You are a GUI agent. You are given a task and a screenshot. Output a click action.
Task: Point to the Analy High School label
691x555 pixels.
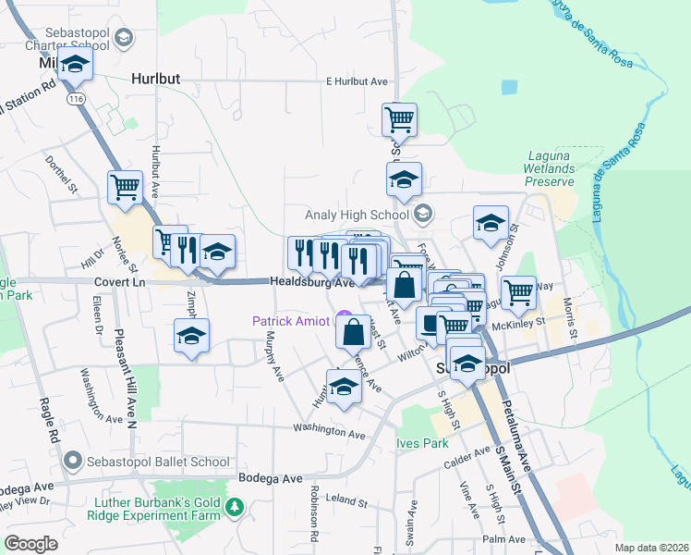pyautogui.click(x=364, y=216)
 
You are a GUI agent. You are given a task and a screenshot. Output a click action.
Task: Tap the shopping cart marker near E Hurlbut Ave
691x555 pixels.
pyautogui.click(x=399, y=118)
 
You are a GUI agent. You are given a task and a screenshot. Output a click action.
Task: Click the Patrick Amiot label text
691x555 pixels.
pyautogui.click(x=289, y=321)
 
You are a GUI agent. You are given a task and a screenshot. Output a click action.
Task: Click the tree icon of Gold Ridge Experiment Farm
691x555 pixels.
pyautogui.click(x=236, y=506)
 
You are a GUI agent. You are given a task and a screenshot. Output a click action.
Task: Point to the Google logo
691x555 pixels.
pyautogui.click(x=30, y=544)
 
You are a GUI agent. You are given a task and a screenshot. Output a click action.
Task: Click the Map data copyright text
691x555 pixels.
pyautogui.click(x=651, y=548)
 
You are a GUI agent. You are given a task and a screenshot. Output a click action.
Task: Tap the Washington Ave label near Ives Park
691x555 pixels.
pyautogui.click(x=330, y=430)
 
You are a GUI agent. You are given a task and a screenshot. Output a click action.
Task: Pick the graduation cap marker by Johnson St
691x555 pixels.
pyautogui.click(x=491, y=222)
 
